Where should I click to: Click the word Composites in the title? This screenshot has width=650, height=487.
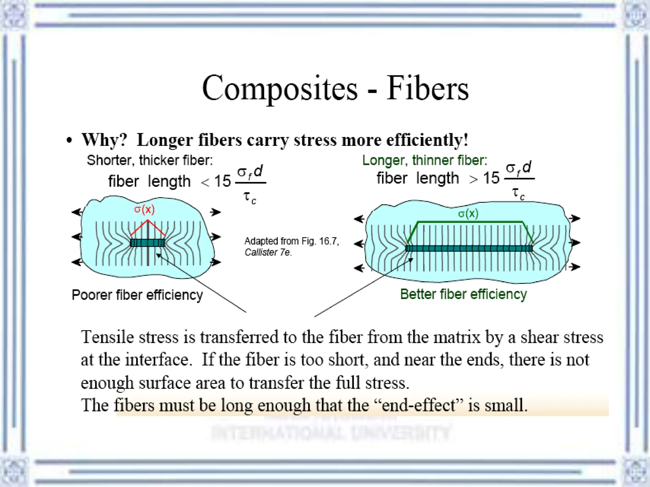pos(280,88)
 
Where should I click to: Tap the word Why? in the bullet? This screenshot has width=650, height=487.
pos(104,140)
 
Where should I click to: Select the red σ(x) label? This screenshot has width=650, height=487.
pos(144,209)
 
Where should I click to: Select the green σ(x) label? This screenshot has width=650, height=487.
pos(468,213)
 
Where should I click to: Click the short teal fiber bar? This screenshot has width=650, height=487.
pos(148,243)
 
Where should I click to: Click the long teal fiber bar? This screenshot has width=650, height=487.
pos(469,248)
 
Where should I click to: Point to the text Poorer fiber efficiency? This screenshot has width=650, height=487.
pos(137,295)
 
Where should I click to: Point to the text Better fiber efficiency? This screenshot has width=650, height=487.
pos(463,294)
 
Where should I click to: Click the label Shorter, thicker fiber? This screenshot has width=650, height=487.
pos(150,160)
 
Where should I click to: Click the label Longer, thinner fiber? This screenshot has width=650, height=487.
pos(425,160)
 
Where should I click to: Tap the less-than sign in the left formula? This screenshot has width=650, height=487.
pos(205,182)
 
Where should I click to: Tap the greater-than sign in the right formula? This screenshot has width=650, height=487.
pos(474,179)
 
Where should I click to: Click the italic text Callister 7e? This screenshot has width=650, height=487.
pos(268,252)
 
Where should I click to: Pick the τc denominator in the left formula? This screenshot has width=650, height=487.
pos(250,198)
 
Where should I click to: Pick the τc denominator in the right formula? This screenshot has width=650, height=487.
pos(518,193)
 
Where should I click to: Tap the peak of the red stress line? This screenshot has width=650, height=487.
pos(148,220)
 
